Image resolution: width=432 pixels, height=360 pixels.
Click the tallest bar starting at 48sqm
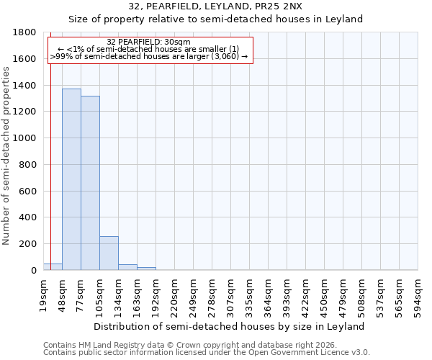[71, 179]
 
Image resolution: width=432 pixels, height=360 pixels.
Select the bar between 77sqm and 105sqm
[90, 183]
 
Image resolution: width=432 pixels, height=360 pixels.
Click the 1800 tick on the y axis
[25, 32]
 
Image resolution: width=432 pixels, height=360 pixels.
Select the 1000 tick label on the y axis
[25, 138]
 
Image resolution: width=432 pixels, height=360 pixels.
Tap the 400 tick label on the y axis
[28, 217]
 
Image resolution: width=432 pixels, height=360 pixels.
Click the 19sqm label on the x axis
[44, 293]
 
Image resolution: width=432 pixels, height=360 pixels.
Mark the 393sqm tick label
[287, 293]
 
